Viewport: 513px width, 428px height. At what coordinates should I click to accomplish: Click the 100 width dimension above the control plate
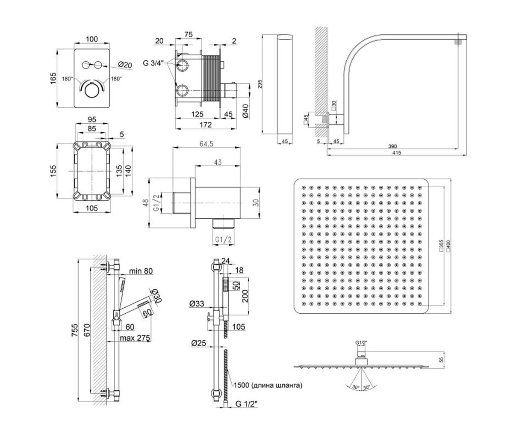point(92,39)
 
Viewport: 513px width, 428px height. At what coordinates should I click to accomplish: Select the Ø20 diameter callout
point(125,65)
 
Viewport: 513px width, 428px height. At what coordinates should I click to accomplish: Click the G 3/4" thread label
point(153,63)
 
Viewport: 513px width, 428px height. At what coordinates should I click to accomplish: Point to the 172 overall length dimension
point(205,125)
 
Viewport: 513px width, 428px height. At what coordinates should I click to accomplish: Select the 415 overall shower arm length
point(397,153)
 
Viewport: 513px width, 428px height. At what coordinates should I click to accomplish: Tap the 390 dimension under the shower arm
point(392,146)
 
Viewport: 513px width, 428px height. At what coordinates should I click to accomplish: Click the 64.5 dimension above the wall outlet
point(206,144)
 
